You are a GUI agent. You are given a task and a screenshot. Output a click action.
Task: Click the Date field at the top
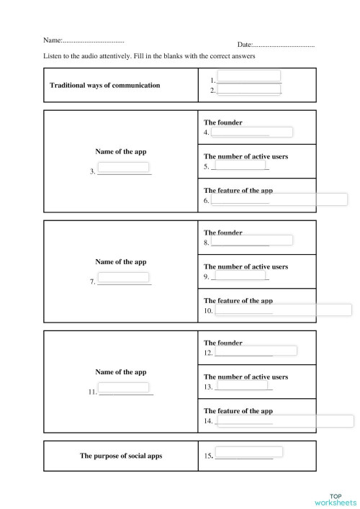284,45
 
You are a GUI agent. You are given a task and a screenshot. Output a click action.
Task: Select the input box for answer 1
248,76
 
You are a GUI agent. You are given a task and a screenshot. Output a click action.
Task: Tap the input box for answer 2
248,89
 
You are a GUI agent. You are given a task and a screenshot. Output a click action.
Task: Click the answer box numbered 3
123,168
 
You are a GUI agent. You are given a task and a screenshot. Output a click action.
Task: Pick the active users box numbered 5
240,166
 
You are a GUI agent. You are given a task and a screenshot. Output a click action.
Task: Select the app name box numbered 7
123,278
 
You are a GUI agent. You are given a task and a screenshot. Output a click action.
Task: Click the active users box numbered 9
240,275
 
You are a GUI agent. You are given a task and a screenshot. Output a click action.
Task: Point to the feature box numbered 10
283,310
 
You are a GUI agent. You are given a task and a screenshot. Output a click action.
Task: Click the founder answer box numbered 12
256,351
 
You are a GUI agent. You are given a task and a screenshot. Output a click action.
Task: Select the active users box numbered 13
243,385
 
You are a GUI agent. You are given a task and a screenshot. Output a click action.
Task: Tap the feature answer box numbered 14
284,420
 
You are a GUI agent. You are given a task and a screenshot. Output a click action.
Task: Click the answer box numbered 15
248,453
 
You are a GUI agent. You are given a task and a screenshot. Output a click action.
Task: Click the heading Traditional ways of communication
104,85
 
